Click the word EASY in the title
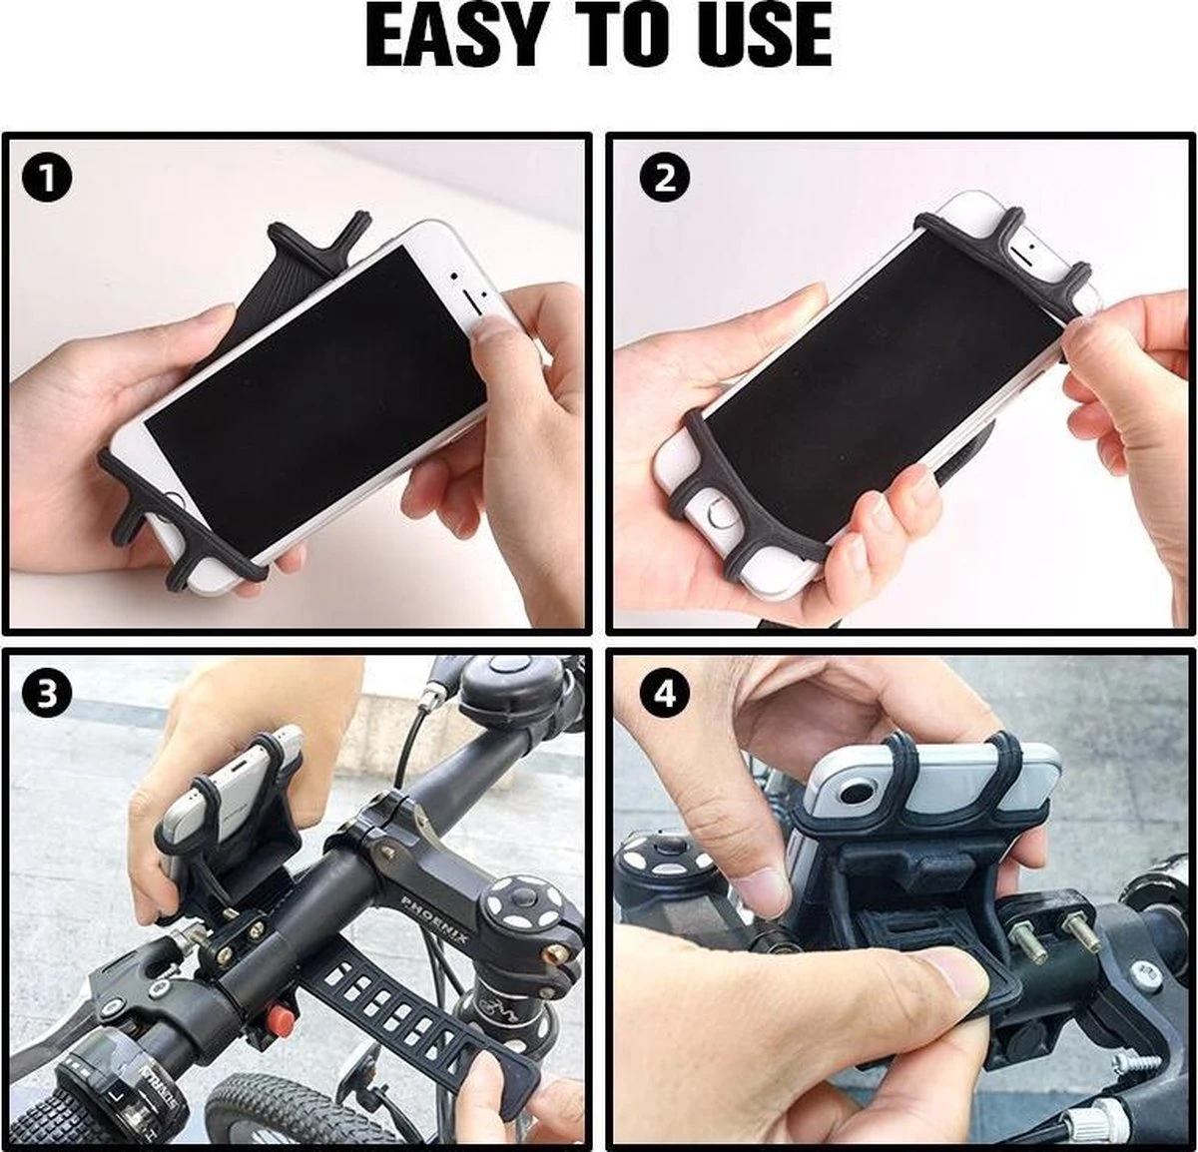point(452,36)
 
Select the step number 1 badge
point(47,179)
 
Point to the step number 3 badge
point(47,695)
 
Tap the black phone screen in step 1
point(316,385)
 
